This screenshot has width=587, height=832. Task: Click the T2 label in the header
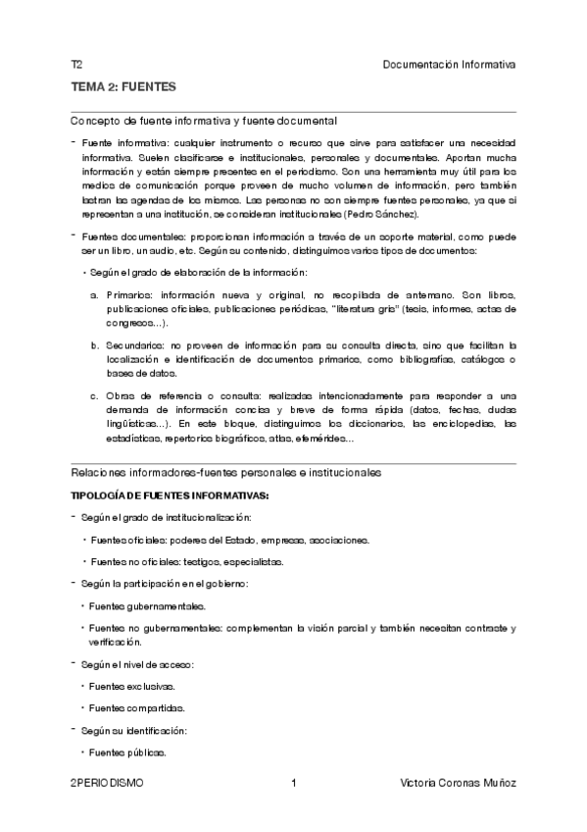[75, 64]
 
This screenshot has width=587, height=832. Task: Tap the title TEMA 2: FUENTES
[123, 87]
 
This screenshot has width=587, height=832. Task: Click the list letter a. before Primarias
[95, 294]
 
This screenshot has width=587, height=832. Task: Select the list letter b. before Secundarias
[95, 345]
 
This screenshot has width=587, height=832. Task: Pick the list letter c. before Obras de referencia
[95, 396]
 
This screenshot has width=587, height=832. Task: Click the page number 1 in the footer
[294, 783]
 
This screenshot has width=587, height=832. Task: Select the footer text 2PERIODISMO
[107, 783]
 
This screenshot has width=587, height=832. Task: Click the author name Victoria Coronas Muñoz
[459, 783]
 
